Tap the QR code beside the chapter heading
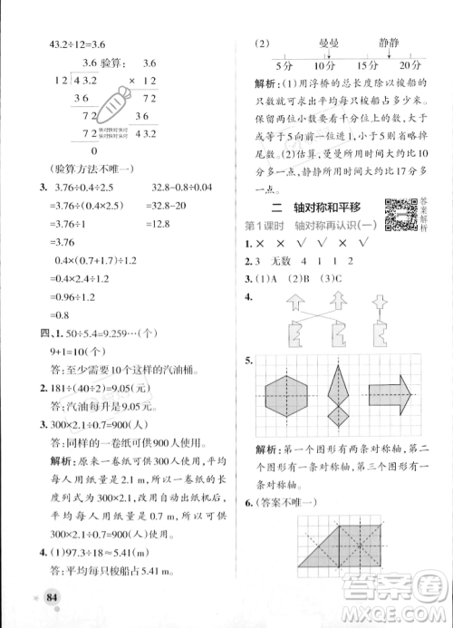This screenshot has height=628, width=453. point(400,214)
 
